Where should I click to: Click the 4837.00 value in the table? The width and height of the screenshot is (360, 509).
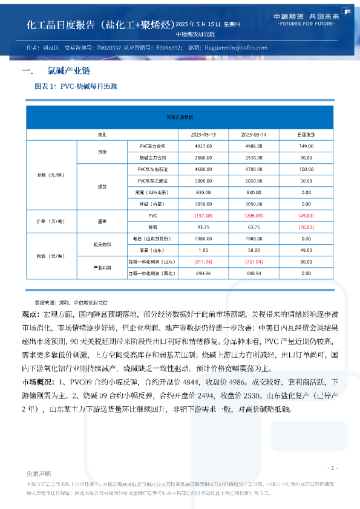tap(204, 146)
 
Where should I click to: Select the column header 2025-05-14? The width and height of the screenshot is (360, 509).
tap(255, 134)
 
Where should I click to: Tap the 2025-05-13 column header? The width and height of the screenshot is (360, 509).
tap(204, 134)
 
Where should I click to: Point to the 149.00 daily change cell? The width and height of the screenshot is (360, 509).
tap(306, 146)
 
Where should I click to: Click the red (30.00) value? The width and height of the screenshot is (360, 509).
tap(306, 227)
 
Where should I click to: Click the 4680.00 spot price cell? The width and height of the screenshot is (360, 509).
tap(204, 169)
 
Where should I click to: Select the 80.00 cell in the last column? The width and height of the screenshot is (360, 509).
tap(306, 262)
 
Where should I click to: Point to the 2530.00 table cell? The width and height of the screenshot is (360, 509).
tap(255, 158)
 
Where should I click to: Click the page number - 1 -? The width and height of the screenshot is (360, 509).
tap(332, 468)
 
